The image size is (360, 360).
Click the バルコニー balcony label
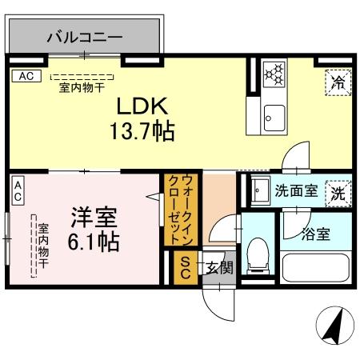(84, 37)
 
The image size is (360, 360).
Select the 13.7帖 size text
(142, 130)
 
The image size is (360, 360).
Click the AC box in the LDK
(24, 77)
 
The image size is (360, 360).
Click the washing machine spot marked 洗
(338, 193)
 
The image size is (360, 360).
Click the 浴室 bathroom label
(314, 235)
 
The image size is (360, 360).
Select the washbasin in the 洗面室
(260, 192)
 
